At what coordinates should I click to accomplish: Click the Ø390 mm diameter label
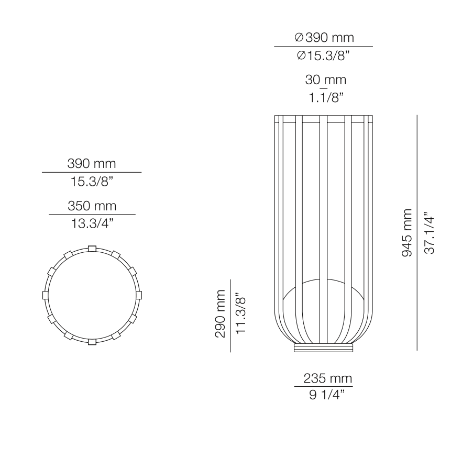coord(324,38)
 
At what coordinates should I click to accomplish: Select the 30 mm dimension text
coord(325,80)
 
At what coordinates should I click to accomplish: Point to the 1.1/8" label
coord(325,98)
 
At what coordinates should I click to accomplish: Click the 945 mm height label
coord(406,233)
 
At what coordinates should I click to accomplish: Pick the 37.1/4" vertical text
coord(430,233)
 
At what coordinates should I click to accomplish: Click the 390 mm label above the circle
coord(92,163)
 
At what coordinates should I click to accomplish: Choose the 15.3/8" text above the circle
coord(92,182)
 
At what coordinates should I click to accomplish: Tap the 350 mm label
coord(92,206)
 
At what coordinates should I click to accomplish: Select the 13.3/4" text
coord(92,223)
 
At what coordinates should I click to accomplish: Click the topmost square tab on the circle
coord(92,248)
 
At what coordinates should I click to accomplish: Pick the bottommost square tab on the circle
coord(92,342)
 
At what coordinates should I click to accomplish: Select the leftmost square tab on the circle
coord(45,295)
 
